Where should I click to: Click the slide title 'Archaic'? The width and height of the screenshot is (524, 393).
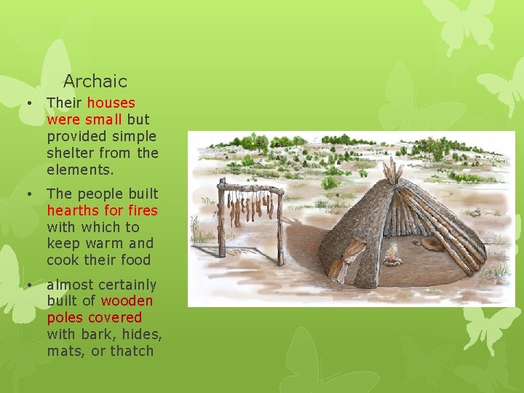pos(95,82)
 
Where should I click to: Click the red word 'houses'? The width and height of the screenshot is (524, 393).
pos(111,103)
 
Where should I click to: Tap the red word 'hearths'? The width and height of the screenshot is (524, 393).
pos(73,210)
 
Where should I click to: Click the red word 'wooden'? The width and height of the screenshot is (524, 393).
pos(127,301)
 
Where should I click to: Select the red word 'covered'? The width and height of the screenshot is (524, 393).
pos(115,317)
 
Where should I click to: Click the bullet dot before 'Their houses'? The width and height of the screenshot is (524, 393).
pos(28,103)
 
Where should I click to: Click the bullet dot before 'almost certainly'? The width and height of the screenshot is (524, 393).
pos(28,284)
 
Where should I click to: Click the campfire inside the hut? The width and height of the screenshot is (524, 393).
pos(392,255)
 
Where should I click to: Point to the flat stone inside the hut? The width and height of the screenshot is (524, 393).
pos(431,244)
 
